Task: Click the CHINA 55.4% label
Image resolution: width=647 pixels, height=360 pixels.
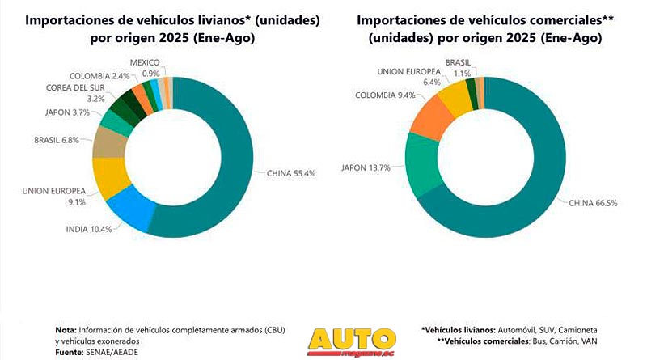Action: tap(288, 172)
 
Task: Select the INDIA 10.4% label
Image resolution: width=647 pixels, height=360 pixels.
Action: tap(88, 230)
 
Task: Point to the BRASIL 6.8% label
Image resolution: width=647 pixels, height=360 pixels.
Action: tap(56, 139)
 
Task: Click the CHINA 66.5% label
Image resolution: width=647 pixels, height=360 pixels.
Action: tap(594, 202)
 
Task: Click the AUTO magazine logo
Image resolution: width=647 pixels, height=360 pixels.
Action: tap(353, 341)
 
